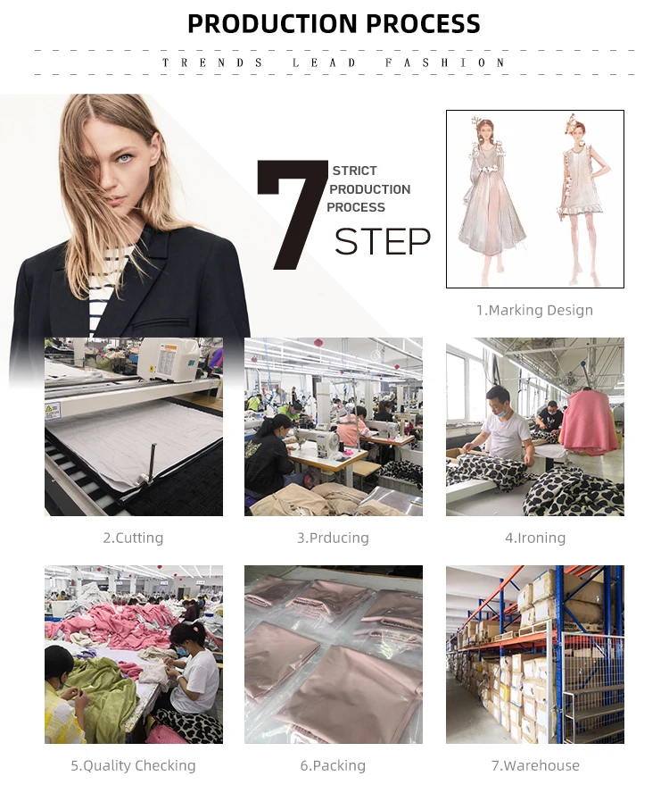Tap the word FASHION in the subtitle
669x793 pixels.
[x=444, y=63]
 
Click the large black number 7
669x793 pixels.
[x=292, y=214]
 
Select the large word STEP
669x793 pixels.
[x=383, y=242]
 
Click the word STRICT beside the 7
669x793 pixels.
[x=355, y=171]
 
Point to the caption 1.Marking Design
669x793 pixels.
[x=534, y=310]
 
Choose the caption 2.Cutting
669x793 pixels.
[x=134, y=538]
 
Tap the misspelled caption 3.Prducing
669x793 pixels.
[x=333, y=538]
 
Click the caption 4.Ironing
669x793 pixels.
[x=535, y=538]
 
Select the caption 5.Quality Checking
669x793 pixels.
[x=134, y=765]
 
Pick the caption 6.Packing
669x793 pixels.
[x=333, y=765]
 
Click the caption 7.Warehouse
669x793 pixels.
[x=535, y=765]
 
